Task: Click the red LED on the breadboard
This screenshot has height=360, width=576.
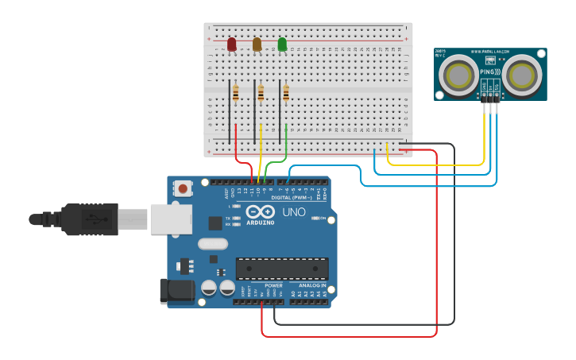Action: pos(231,45)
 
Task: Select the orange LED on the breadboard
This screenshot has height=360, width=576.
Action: pos(257,45)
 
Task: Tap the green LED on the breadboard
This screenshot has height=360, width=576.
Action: pos(282,45)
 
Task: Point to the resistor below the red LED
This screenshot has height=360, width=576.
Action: pos(235,94)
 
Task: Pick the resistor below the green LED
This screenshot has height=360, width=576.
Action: pos(286,94)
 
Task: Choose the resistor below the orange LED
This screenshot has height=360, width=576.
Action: pos(261,94)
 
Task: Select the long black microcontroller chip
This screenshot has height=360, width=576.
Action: pos(282,269)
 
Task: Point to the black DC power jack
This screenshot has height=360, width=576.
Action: pos(176,291)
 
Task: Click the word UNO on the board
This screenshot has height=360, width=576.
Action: pos(294,212)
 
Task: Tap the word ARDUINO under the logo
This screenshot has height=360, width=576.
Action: pos(261,223)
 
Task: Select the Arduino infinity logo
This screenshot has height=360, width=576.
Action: pos(260,212)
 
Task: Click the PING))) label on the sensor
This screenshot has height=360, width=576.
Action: pos(490,71)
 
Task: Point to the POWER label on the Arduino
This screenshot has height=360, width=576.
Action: pos(273,285)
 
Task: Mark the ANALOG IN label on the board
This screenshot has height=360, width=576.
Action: pos(312,285)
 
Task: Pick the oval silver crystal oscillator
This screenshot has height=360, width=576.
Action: pos(213,244)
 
